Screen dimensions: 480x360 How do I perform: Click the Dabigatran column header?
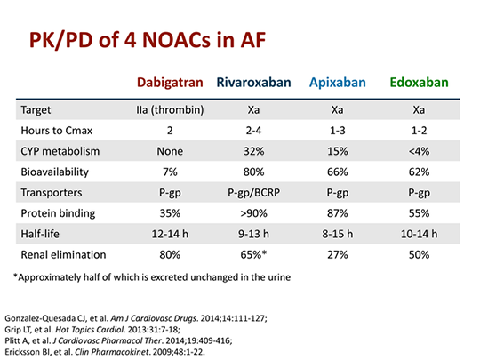170,83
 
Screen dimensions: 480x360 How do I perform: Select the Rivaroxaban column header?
253,83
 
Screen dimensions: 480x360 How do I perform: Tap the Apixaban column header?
338,83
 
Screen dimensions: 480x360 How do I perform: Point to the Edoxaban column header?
419,83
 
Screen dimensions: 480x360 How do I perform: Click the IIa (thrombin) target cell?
170,109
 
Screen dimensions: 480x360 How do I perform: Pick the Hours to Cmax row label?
56,131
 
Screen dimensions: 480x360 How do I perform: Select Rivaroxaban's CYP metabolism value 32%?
253,151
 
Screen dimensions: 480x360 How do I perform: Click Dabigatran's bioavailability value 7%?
170,172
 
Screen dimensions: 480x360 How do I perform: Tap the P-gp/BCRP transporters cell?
253,193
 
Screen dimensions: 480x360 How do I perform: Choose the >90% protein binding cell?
253,213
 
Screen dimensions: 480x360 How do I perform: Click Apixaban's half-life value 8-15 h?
338,234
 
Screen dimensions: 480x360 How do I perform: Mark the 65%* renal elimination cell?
253,254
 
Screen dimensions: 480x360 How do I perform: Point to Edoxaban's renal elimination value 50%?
419,254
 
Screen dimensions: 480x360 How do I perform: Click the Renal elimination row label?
63,254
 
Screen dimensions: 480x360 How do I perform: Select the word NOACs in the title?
176,40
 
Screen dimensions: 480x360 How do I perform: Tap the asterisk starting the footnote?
15,276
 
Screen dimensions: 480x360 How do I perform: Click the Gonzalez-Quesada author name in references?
40,319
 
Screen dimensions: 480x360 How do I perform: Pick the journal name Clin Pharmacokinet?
112,352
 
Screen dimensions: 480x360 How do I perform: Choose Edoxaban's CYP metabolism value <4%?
419,151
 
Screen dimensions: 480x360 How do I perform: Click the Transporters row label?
52,193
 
